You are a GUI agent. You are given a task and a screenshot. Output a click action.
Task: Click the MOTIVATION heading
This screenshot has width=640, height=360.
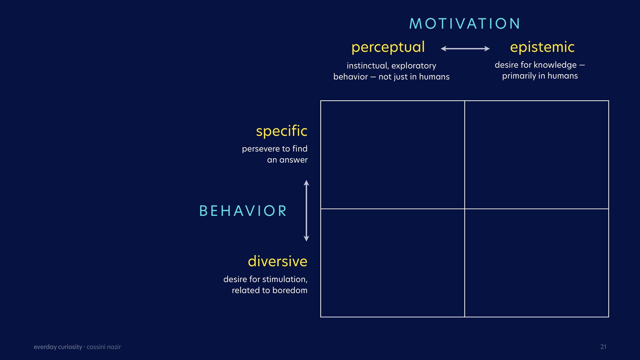pos(465,24)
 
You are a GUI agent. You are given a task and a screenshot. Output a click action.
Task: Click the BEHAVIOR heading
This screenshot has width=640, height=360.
pos(243,211)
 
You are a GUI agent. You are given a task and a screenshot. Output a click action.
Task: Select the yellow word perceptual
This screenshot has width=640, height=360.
pos(388,47)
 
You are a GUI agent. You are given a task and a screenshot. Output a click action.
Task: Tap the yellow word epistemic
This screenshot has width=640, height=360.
pos(542,47)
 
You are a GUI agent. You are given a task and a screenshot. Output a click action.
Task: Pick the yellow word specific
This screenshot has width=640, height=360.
pos(282,131)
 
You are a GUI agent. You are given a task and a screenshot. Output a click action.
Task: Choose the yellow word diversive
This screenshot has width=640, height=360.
pos(277,261)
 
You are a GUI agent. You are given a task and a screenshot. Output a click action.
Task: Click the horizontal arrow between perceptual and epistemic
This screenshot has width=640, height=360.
pos(465,49)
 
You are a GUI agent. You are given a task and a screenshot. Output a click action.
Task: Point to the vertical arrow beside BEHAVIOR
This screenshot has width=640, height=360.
pos(306,211)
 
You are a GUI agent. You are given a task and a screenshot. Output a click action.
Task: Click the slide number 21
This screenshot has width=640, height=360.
pos(603,347)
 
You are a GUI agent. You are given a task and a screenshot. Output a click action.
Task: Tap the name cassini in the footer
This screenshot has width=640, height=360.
pos(96,347)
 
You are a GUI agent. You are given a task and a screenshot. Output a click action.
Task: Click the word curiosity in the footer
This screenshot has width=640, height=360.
pos(70,347)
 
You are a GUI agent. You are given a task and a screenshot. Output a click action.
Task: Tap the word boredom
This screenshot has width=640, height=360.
pos(290,290)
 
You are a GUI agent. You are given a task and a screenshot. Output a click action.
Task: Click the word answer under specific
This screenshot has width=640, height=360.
pos(293,160)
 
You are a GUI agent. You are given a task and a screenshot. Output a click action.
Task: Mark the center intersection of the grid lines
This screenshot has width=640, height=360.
pos(465,209)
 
